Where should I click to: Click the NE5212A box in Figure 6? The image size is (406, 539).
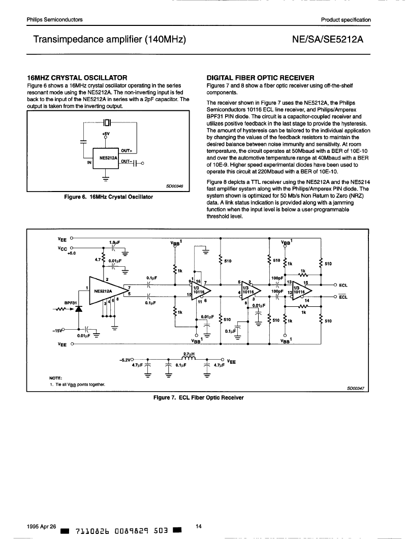pyautogui.click(x=106, y=158)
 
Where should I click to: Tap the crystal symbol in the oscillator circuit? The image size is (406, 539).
pyautogui.click(x=107, y=122)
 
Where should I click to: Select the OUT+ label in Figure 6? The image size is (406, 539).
pyautogui.click(x=127, y=150)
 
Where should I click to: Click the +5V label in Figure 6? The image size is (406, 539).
pyautogui.click(x=106, y=134)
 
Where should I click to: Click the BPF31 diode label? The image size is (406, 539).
pyautogui.click(x=70, y=303)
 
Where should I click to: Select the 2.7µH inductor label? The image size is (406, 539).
pyautogui.click(x=189, y=354)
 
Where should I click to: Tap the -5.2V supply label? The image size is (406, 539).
pyautogui.click(x=124, y=360)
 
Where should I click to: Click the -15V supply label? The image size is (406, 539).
pyautogui.click(x=57, y=331)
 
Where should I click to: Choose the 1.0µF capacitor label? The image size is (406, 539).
pyautogui.click(x=114, y=242)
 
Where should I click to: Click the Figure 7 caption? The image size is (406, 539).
pyautogui.click(x=198, y=398)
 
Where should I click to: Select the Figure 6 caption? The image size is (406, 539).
pyautogui.click(x=109, y=197)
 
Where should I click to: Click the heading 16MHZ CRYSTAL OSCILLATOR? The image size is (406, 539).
pyautogui.click(x=77, y=78)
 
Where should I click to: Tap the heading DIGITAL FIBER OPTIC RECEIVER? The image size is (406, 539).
pyautogui.click(x=260, y=78)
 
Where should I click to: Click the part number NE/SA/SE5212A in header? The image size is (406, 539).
pyautogui.click(x=328, y=39)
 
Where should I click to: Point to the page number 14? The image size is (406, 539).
pyautogui.click(x=198, y=526)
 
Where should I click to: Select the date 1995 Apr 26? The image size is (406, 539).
pyautogui.click(x=41, y=526)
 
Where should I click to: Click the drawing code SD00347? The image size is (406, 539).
pyautogui.click(x=356, y=389)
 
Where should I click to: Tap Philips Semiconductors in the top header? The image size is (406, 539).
pyautogui.click(x=55, y=20)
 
